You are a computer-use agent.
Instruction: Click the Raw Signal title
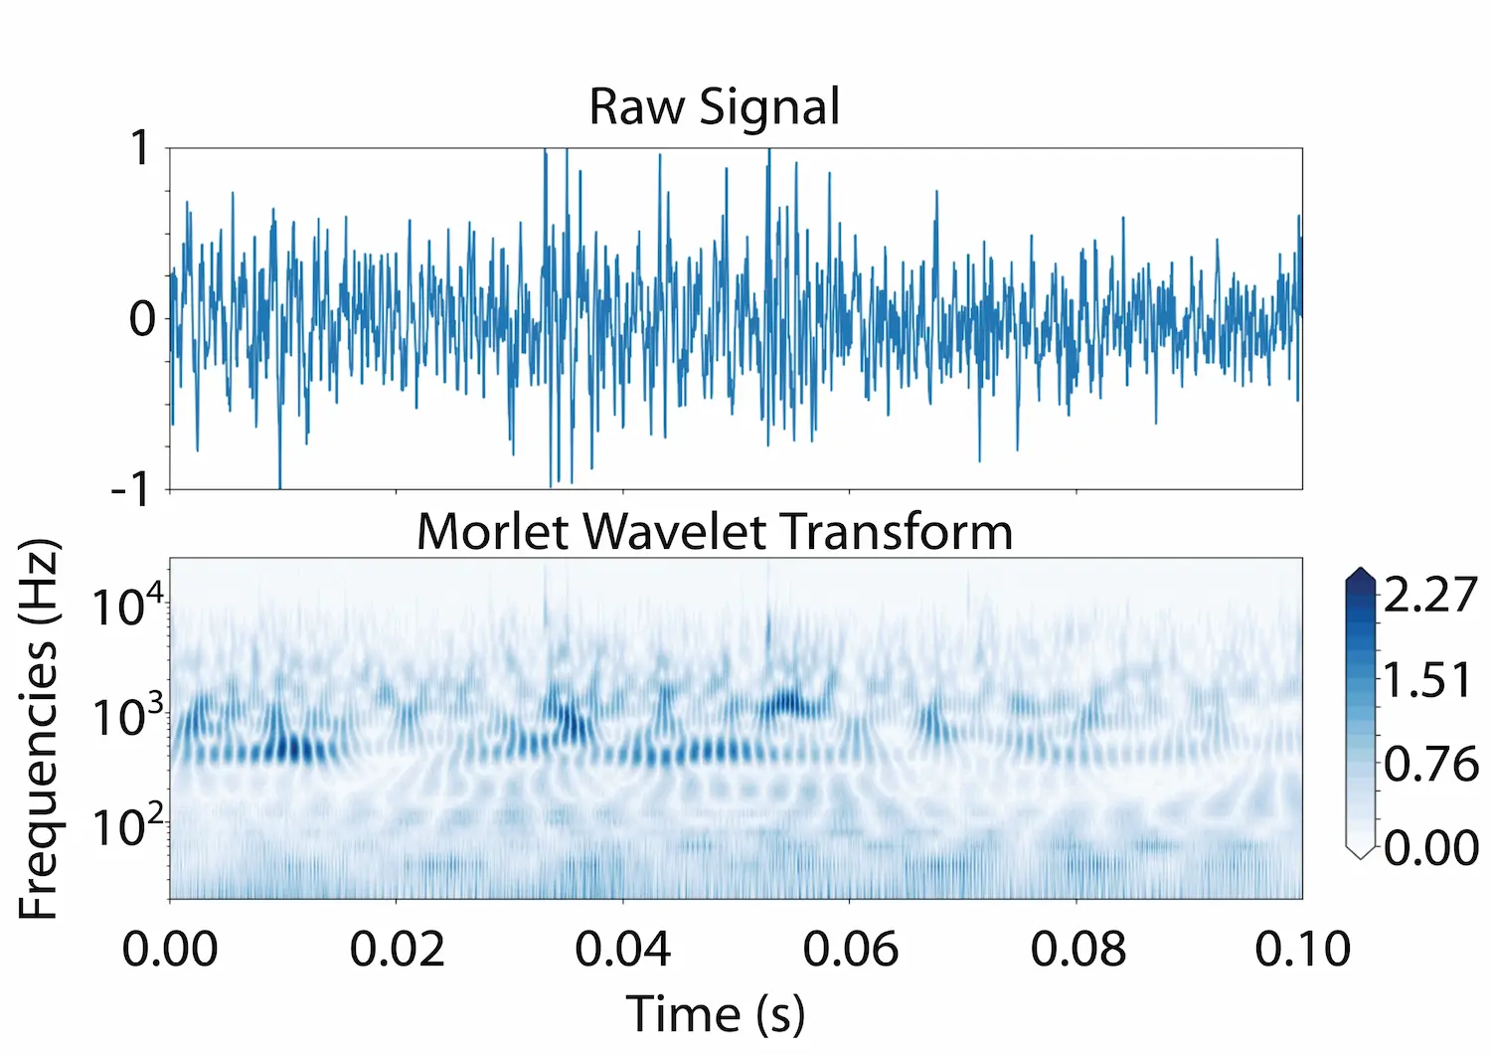(714, 106)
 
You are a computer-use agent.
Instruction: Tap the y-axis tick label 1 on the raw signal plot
(140, 149)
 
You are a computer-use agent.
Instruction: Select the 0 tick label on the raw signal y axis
(142, 319)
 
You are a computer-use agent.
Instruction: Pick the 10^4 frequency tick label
(127, 605)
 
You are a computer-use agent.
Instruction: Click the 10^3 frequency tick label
(127, 715)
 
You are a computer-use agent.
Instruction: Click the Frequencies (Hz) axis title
(40, 729)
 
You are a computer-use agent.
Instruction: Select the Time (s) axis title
(715, 1014)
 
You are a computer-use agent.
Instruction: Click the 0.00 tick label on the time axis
(170, 949)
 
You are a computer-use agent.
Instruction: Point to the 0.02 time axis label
(397, 949)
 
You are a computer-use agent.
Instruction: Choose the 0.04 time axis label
(623, 949)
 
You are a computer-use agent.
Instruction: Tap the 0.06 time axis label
(850, 949)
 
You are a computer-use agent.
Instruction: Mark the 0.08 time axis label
(1077, 949)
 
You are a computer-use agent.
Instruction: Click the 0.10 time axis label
(1302, 949)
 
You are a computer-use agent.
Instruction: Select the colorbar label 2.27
(1430, 595)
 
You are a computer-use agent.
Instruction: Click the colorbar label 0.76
(1430, 764)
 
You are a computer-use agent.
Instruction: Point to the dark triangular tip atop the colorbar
(1360, 577)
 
